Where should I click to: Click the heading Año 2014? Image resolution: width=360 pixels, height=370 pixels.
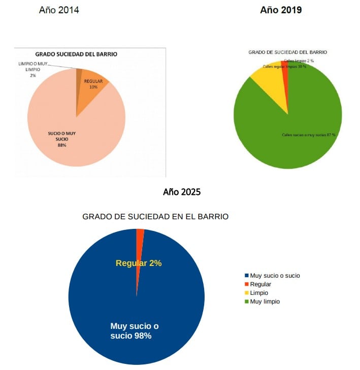(x=59, y=10)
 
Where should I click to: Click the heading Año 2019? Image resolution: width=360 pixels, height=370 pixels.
(x=281, y=10)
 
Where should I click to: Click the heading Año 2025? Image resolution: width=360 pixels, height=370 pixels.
(x=182, y=192)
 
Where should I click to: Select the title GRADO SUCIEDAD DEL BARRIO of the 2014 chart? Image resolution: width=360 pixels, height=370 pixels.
(x=76, y=54)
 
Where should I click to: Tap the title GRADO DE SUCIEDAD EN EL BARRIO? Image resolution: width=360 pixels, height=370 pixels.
(x=155, y=216)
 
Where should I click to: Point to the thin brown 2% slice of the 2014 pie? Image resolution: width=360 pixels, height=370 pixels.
(x=79, y=74)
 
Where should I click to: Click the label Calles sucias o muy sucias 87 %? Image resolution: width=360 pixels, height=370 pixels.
(x=309, y=134)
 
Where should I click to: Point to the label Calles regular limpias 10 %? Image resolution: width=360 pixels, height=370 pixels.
(x=284, y=66)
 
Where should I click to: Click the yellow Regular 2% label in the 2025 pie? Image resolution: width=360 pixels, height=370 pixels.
(x=139, y=263)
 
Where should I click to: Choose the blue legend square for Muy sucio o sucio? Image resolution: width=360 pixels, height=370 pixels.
(x=247, y=276)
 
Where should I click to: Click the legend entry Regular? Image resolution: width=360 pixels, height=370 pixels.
(x=260, y=284)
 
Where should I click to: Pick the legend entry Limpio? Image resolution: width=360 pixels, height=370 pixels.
(x=259, y=293)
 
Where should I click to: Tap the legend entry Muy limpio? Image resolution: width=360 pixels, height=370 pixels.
(x=265, y=301)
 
